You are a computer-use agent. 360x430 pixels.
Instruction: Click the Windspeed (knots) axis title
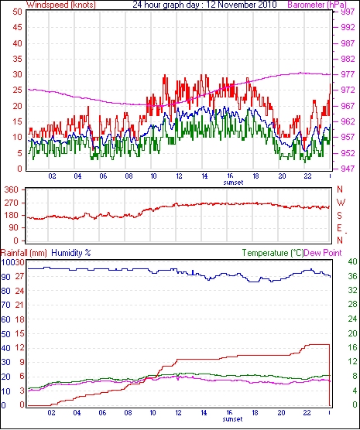coord(61,5)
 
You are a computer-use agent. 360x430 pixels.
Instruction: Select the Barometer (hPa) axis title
coord(317,5)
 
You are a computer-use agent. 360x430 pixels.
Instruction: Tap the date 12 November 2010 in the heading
coord(242,5)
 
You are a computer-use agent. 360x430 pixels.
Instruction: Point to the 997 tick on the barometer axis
coord(348,12)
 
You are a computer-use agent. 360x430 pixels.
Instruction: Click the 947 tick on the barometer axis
coord(348,169)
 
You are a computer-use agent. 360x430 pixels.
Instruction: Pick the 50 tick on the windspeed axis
coord(17,12)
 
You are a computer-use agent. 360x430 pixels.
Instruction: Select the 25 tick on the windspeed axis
coord(17,90)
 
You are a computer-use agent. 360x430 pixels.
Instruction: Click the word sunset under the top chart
coord(233,183)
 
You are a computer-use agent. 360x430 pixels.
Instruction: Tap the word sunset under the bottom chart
coord(232,419)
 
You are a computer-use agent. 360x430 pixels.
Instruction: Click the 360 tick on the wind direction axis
coord(11,189)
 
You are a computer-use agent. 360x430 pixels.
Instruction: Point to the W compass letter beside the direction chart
coord(341,203)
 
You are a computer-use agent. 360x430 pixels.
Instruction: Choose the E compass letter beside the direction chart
coord(340,228)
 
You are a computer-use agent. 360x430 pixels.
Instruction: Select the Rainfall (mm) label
coord(24,253)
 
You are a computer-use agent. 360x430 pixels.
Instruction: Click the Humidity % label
coord(71,253)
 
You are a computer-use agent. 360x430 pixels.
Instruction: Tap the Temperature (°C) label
coord(273,253)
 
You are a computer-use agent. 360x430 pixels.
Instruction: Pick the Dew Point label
coord(323,253)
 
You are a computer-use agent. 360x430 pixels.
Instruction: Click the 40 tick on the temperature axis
coord(352,262)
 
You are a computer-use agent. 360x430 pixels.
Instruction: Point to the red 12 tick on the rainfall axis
coord(20,348)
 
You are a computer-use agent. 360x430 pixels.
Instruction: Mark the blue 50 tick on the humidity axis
coord(6,334)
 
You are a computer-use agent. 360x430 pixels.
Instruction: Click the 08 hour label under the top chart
coord(129,176)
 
